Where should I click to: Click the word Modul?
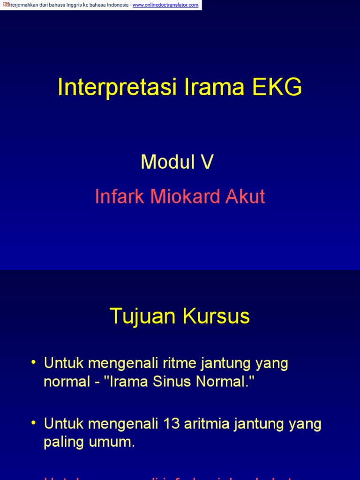click(168, 162)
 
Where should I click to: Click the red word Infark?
click(120, 196)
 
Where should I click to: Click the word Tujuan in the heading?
click(143, 317)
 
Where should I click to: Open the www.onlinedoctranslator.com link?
click(165, 5)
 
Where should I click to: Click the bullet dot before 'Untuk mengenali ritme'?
click(33, 363)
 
